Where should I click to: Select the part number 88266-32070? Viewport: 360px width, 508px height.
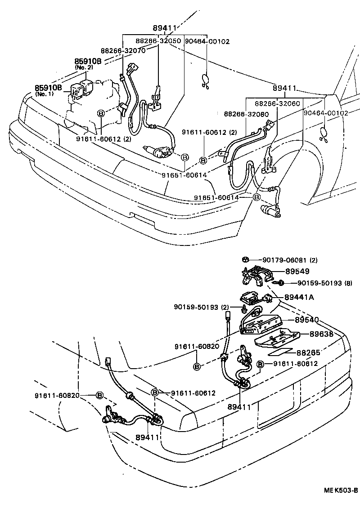pyautogui.click(x=123, y=51)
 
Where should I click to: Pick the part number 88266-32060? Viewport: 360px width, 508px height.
pyautogui.click(x=277, y=103)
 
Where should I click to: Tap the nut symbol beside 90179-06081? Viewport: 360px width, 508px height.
pyautogui.click(x=246, y=260)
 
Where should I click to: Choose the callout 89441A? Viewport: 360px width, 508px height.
pyautogui.click(x=299, y=298)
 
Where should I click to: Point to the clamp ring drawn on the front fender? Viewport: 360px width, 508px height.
pyautogui.click(x=323, y=134)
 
